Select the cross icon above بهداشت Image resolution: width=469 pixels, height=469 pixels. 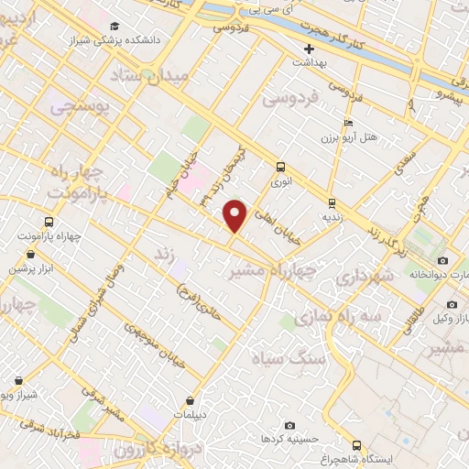pyautogui.click(x=310, y=48)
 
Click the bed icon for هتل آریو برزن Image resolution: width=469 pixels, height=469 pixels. pyautogui.click(x=347, y=123)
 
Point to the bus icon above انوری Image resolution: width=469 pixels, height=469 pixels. pyautogui.click(x=280, y=167)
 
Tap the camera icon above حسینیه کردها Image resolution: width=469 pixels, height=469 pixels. pyautogui.click(x=290, y=425)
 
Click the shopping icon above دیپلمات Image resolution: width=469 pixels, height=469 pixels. pyautogui.click(x=190, y=400)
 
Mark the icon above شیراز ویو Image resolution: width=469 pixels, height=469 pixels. pyautogui.click(x=18, y=379)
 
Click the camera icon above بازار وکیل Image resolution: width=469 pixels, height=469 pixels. pyautogui.click(x=452, y=304)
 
